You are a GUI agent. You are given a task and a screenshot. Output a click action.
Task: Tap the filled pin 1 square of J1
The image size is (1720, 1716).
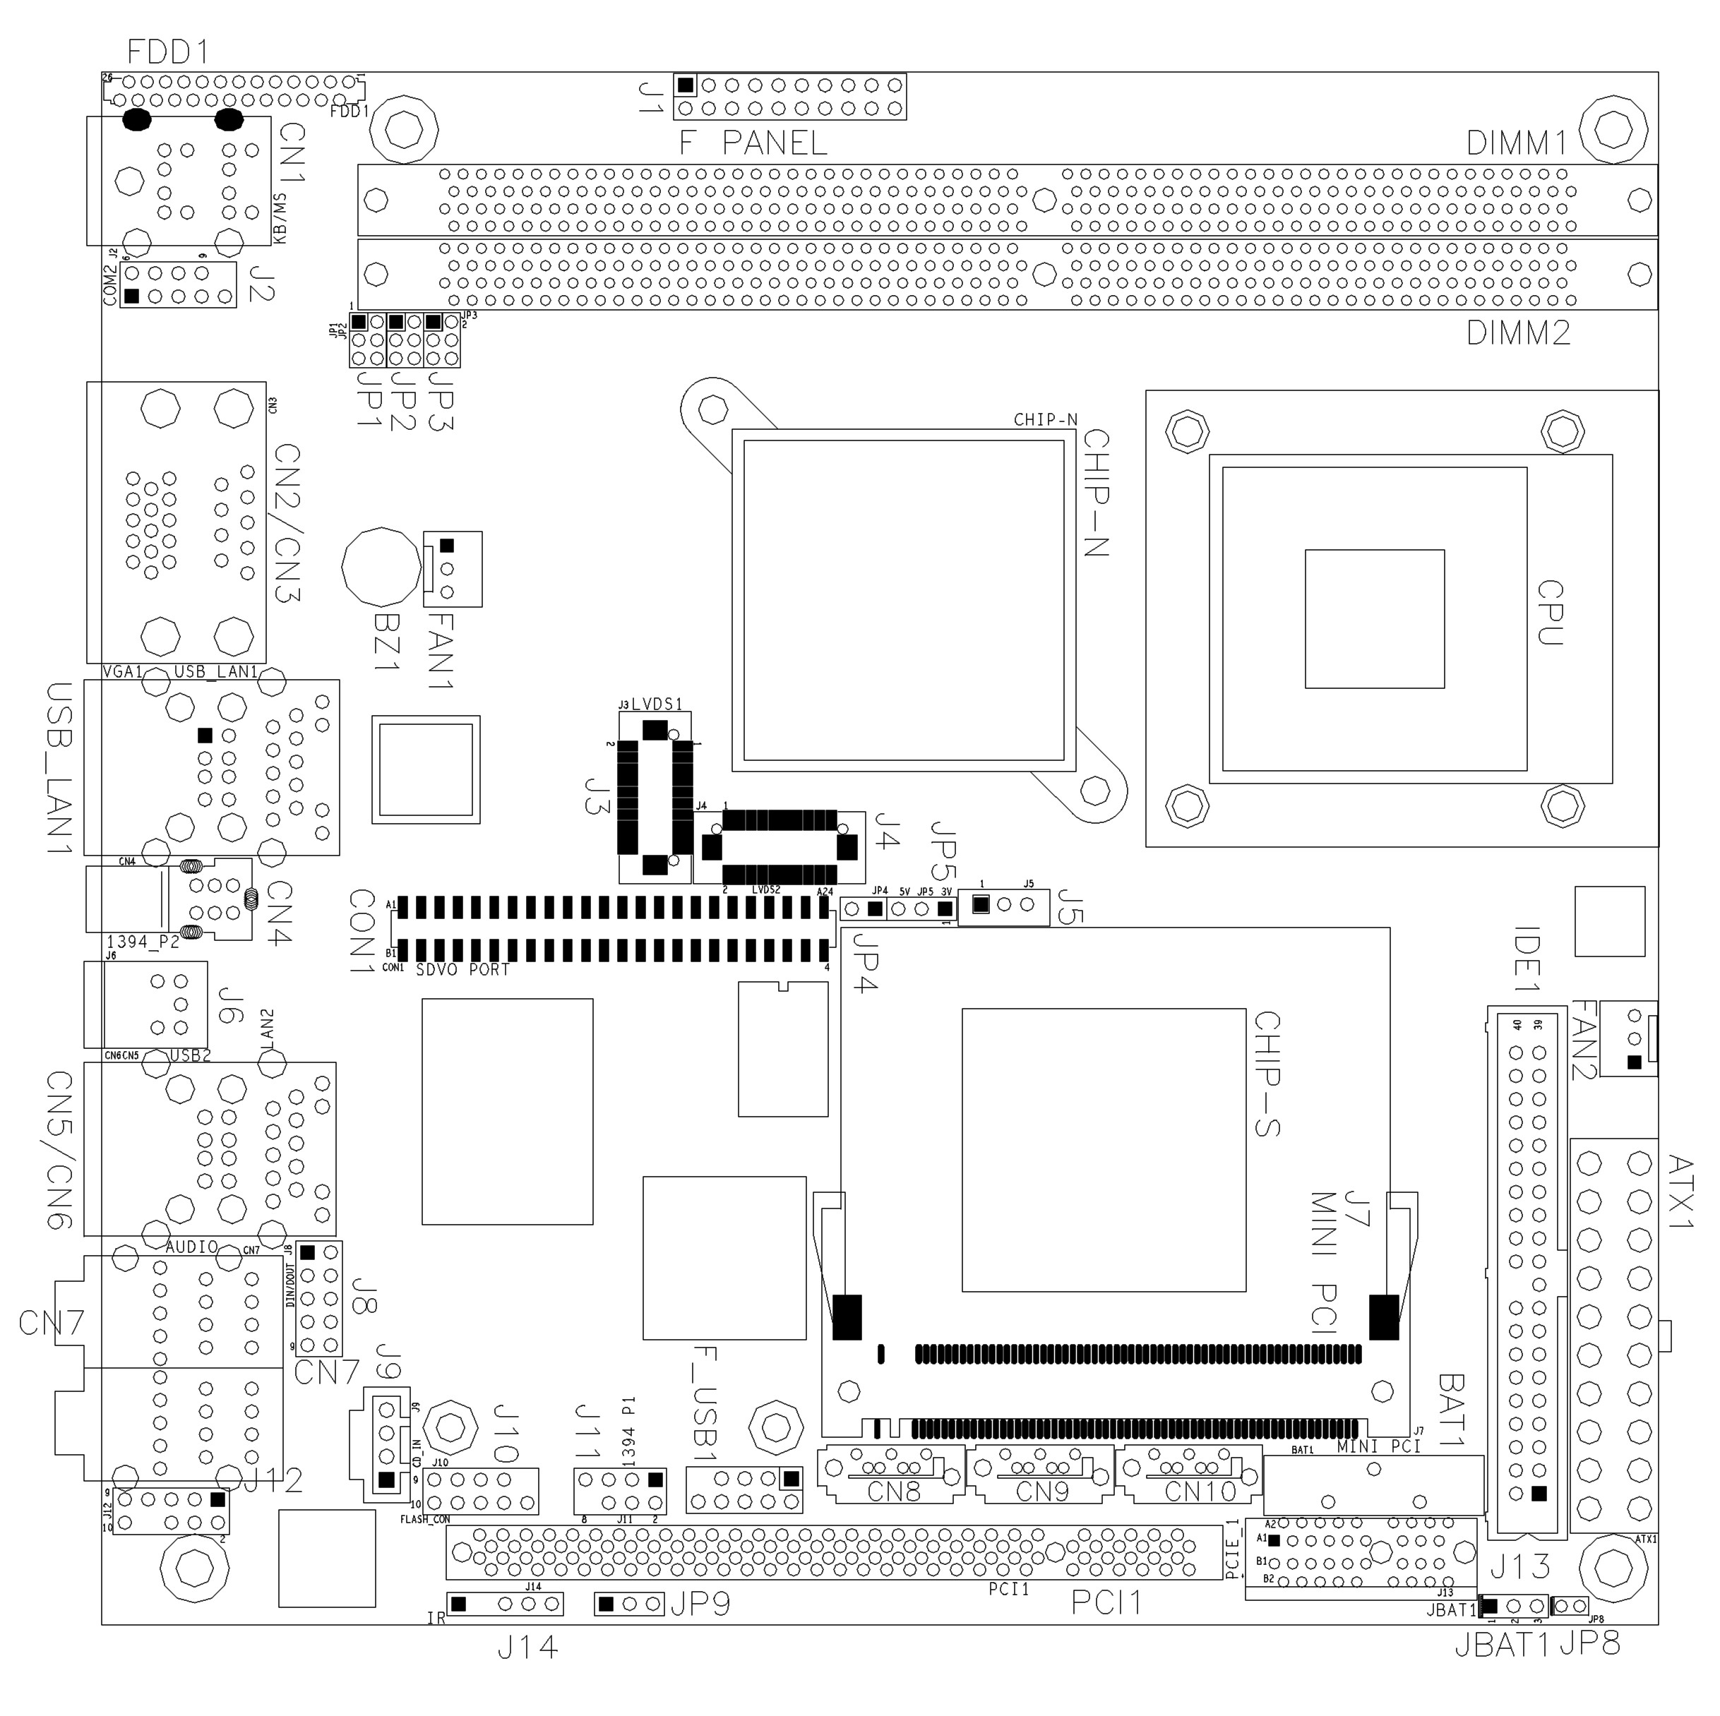pos(685,85)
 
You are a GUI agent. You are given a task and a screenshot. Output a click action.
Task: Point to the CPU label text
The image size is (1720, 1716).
pos(1550,612)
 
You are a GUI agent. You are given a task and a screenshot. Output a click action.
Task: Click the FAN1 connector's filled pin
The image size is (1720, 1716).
pos(447,545)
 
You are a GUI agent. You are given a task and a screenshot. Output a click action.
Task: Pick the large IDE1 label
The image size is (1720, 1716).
pos(1528,959)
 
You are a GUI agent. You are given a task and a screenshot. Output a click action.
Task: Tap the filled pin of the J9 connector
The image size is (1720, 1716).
pos(386,1480)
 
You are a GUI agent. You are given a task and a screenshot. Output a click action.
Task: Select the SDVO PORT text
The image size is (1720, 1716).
pos(463,970)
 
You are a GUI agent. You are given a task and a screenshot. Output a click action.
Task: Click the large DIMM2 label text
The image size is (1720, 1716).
pos(1518,333)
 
